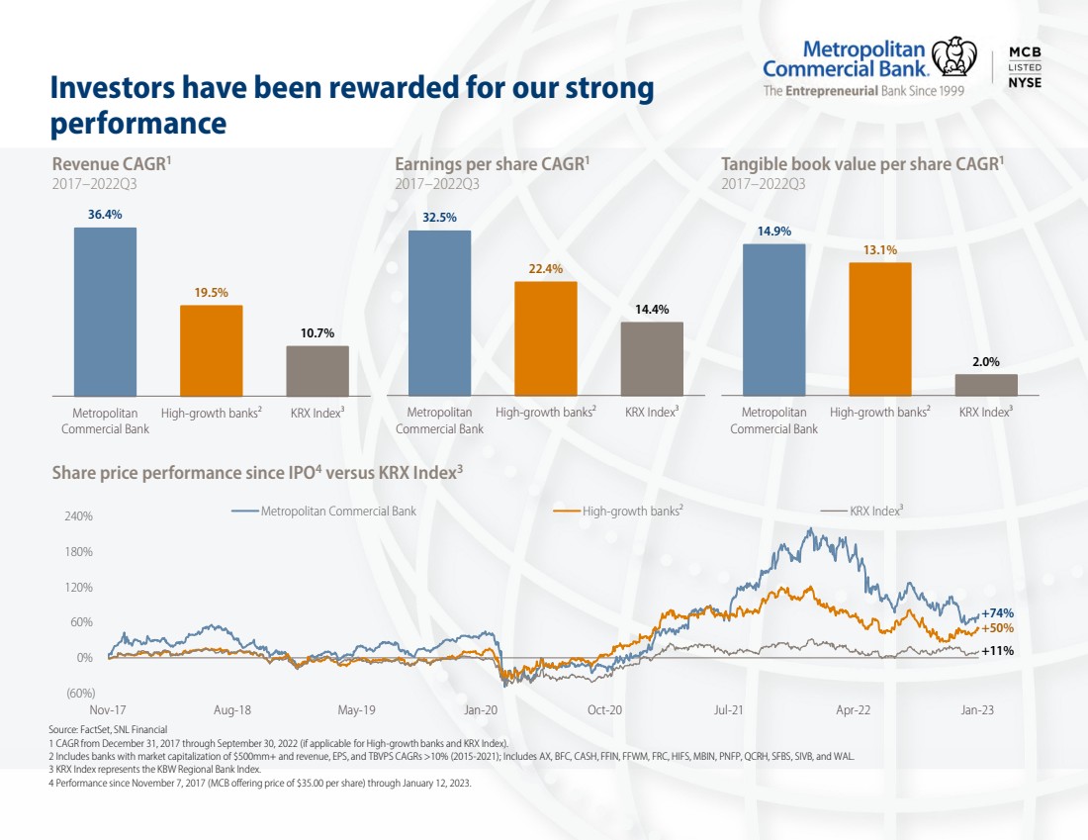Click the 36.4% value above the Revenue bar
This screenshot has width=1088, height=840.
[105, 215]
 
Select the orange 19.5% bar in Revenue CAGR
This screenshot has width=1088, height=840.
[212, 350]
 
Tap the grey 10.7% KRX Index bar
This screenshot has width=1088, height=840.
[317, 371]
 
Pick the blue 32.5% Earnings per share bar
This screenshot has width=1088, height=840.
[440, 313]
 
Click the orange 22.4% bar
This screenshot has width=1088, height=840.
[546, 338]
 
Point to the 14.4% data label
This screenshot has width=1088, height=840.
[652, 310]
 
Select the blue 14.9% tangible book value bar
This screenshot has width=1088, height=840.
[774, 320]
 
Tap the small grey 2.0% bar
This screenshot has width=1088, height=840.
[987, 385]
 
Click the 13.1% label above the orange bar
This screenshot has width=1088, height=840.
[880, 250]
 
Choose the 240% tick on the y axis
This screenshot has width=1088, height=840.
[78, 516]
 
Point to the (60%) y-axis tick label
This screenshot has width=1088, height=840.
[80, 693]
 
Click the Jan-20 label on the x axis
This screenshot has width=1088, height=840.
[481, 710]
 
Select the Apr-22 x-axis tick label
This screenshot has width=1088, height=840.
[853, 710]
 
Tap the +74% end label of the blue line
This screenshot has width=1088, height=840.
[997, 613]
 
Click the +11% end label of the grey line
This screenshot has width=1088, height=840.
[997, 650]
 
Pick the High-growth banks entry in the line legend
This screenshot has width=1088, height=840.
[618, 511]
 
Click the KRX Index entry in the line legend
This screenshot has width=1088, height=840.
[861, 511]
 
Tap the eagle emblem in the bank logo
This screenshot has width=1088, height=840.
[954, 56]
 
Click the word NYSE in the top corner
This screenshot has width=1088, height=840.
[1025, 82]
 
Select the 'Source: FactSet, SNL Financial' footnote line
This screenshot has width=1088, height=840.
[108, 729]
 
